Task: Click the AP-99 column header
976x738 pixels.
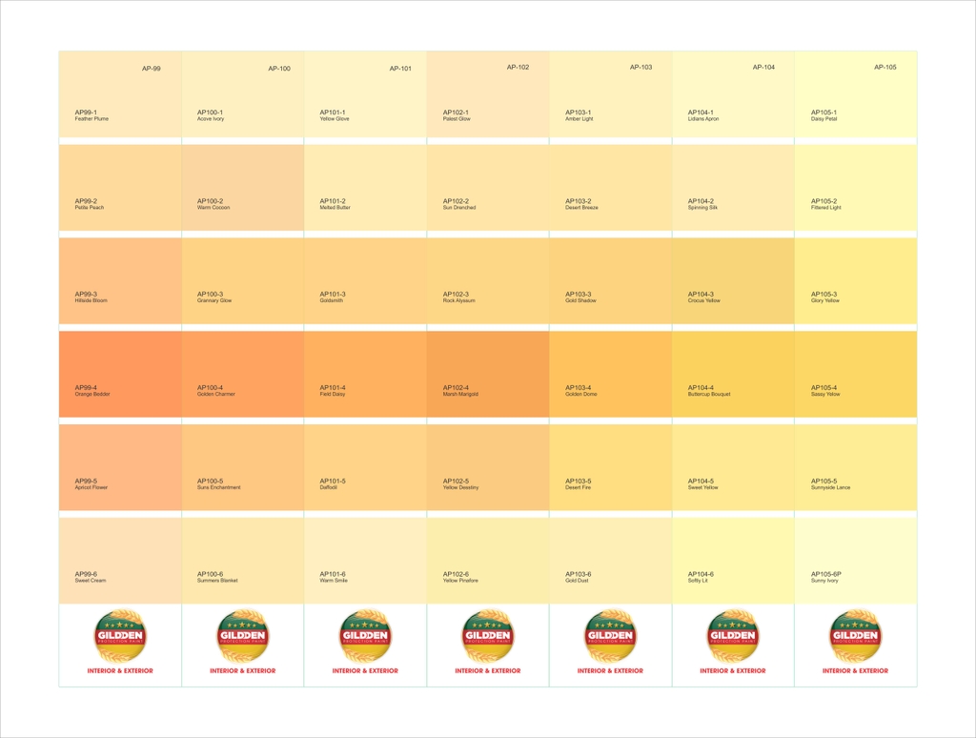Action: point(151,69)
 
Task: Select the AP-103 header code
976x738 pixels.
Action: point(640,68)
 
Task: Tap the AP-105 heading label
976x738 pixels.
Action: point(884,68)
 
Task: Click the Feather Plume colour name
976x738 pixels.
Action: point(91,119)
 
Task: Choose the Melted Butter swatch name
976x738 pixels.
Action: point(335,208)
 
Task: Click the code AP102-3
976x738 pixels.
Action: point(456,295)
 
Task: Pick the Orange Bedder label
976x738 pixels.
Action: point(92,394)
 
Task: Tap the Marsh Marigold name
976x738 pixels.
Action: point(460,394)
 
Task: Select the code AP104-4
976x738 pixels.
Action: point(701,388)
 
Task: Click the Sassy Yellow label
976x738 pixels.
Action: point(824,394)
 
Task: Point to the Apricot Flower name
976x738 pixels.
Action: point(91,487)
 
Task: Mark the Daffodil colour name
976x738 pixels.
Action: point(329,487)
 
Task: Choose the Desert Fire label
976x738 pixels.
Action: point(578,487)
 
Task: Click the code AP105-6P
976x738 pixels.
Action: point(826,574)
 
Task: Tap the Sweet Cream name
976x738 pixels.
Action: point(91,581)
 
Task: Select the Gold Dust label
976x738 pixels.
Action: point(578,581)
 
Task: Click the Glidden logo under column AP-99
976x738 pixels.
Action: point(120,636)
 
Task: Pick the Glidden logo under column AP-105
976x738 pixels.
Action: point(855,636)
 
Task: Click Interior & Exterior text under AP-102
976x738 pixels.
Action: point(488,671)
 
